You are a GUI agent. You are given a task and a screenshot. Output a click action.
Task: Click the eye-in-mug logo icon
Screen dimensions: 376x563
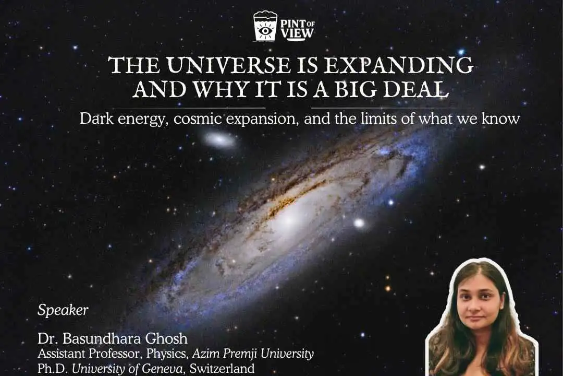click(264, 26)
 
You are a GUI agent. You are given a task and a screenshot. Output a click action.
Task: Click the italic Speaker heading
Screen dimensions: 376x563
click(63, 310)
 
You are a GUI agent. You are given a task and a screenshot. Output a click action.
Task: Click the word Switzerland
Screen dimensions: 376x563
click(222, 369)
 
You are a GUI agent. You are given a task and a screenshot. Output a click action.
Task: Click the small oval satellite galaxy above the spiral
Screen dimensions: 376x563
click(219, 139)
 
